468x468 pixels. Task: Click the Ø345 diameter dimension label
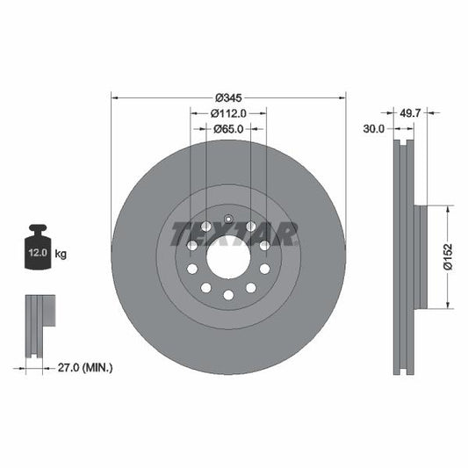228,97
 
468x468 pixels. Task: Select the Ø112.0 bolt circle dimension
227,113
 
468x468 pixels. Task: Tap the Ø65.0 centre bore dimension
228,129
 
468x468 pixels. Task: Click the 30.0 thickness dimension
374,129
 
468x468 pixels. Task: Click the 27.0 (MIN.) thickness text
82,368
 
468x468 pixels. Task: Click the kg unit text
61,254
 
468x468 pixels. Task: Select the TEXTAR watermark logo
234,234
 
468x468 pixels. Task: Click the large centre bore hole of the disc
228,257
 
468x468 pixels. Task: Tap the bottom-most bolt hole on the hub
228,295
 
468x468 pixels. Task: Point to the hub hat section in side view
421,256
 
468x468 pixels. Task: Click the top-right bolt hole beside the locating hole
250,227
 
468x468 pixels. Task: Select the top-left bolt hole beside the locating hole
205,227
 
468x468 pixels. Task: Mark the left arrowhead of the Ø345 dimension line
114,97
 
